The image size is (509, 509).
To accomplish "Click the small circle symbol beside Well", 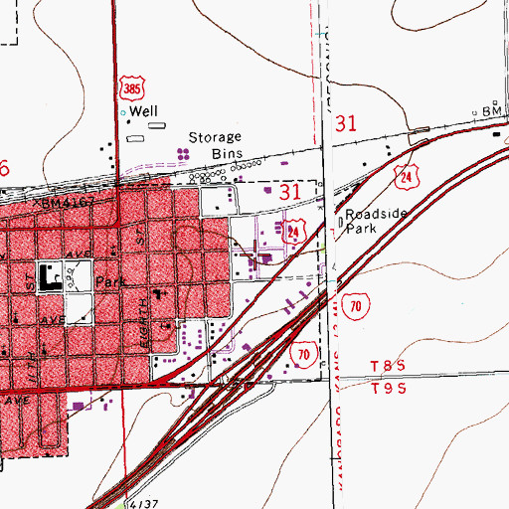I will pos(124,113).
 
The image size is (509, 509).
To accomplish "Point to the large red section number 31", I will pos(345,124).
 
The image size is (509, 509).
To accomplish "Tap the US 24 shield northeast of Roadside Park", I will pos(408,177).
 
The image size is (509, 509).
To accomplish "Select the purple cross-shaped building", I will pos(264,257).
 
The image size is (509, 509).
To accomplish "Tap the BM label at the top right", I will pos(489,111).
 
